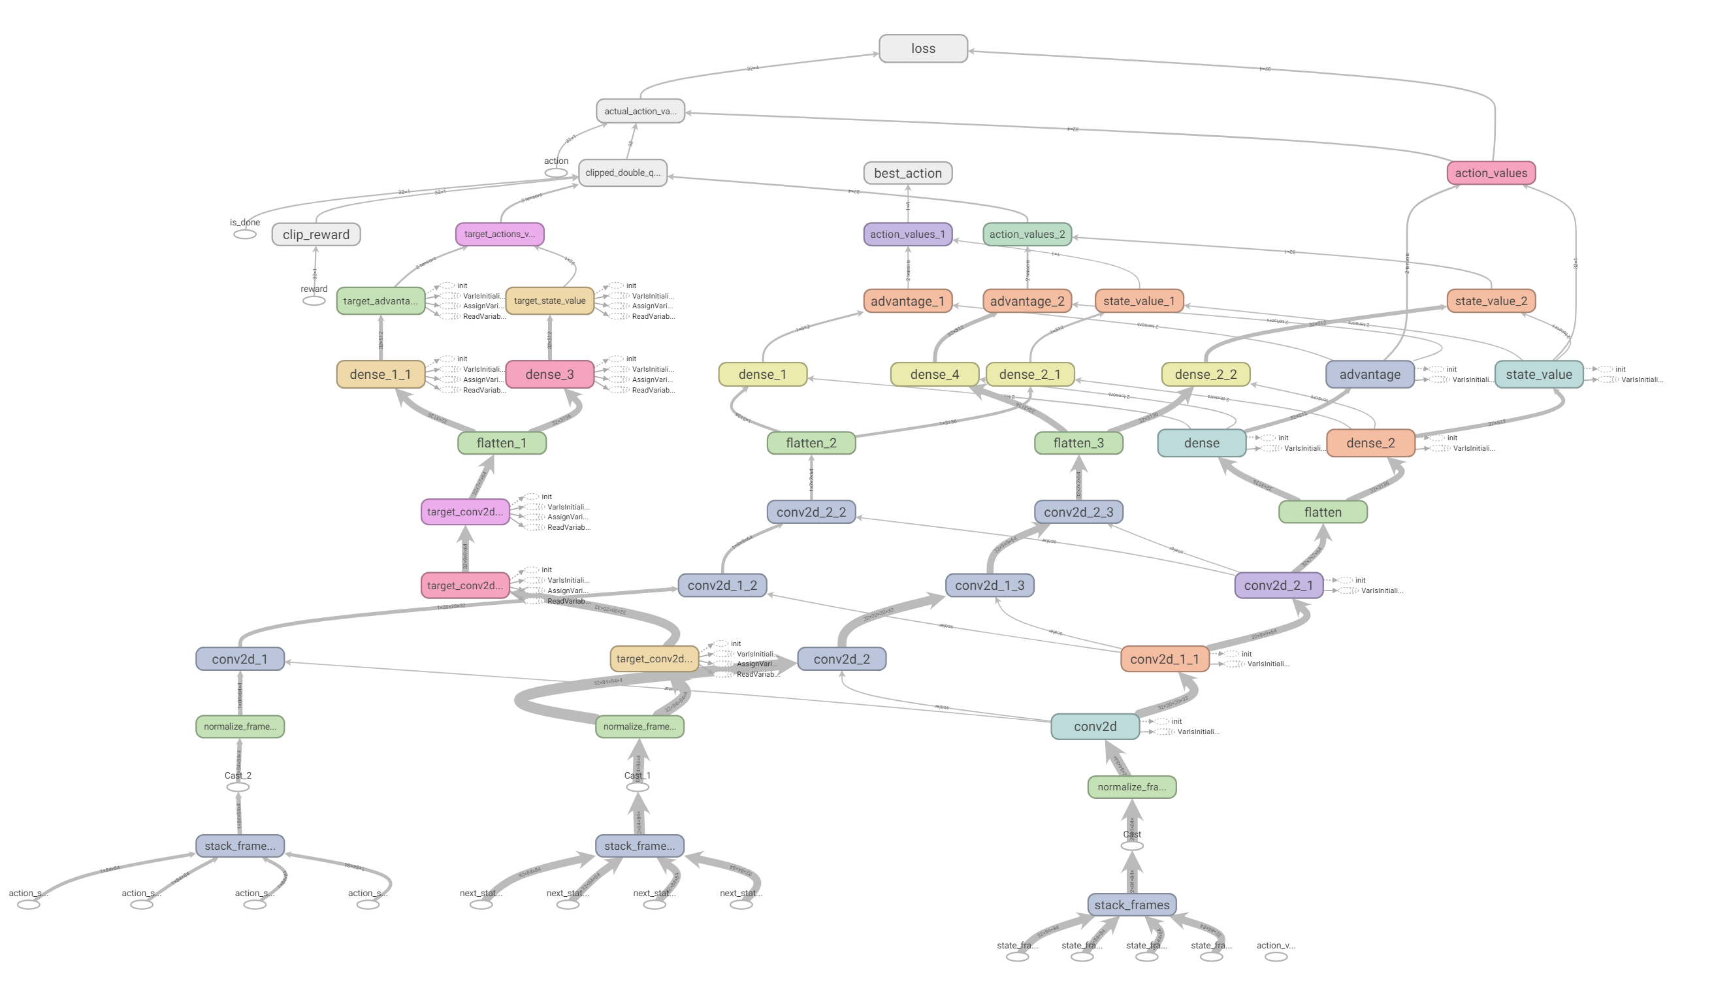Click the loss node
click(923, 49)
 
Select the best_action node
click(907, 173)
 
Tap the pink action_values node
click(1491, 173)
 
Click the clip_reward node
click(316, 234)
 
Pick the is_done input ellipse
click(245, 234)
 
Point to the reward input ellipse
click(314, 300)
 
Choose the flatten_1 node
click(502, 443)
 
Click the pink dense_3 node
click(549, 374)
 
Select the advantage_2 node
click(1027, 300)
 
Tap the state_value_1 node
click(1139, 300)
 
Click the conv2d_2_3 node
click(1078, 511)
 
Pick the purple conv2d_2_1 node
click(1279, 585)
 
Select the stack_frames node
click(1132, 905)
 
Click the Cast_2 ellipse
click(238, 787)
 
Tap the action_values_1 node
click(907, 234)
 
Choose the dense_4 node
click(935, 374)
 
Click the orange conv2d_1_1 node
click(1165, 658)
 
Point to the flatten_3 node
click(1078, 443)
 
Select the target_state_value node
click(549, 300)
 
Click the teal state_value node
click(1538, 374)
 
